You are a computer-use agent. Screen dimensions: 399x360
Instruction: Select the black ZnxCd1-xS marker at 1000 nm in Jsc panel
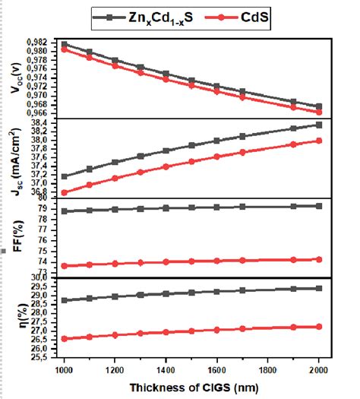tap(65, 176)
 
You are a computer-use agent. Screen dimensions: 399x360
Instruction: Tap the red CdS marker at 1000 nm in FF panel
tap(65, 266)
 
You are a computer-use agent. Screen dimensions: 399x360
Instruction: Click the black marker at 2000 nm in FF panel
tap(318, 206)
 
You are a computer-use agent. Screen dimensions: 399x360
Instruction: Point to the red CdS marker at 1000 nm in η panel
tap(65, 339)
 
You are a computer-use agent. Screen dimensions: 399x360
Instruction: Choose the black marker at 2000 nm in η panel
tap(318, 288)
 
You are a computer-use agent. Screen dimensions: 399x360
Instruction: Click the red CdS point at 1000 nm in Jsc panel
tap(65, 192)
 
